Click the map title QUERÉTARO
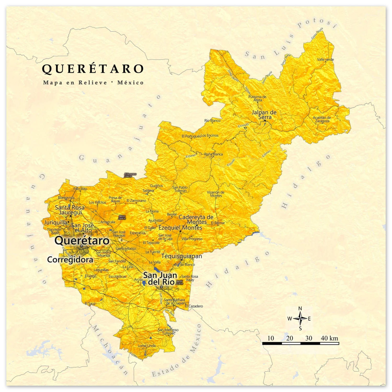pyautogui.click(x=93, y=69)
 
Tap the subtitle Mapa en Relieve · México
pyautogui.click(x=93, y=83)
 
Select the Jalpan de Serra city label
pyautogui.click(x=264, y=115)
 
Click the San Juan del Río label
pyautogui.click(x=160, y=279)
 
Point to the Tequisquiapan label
pyautogui.click(x=182, y=256)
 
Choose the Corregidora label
pyautogui.click(x=70, y=260)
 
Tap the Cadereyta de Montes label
pyautogui.click(x=196, y=220)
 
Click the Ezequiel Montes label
pyautogui.click(x=180, y=228)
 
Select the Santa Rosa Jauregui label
pyautogui.click(x=70, y=210)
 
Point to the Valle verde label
pyautogui.click(x=325, y=59)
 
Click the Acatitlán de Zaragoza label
pyautogui.click(x=322, y=119)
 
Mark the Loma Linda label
pyautogui.click(x=147, y=345)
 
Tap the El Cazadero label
pyautogui.click(x=194, y=306)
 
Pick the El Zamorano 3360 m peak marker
pyautogui.click(x=130, y=175)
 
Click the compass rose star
pyautogui.click(x=301, y=319)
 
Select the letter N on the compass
pyautogui.click(x=300, y=309)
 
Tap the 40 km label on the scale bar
pyautogui.click(x=329, y=338)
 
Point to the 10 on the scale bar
pyautogui.click(x=271, y=338)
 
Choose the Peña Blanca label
pyautogui.click(x=214, y=154)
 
